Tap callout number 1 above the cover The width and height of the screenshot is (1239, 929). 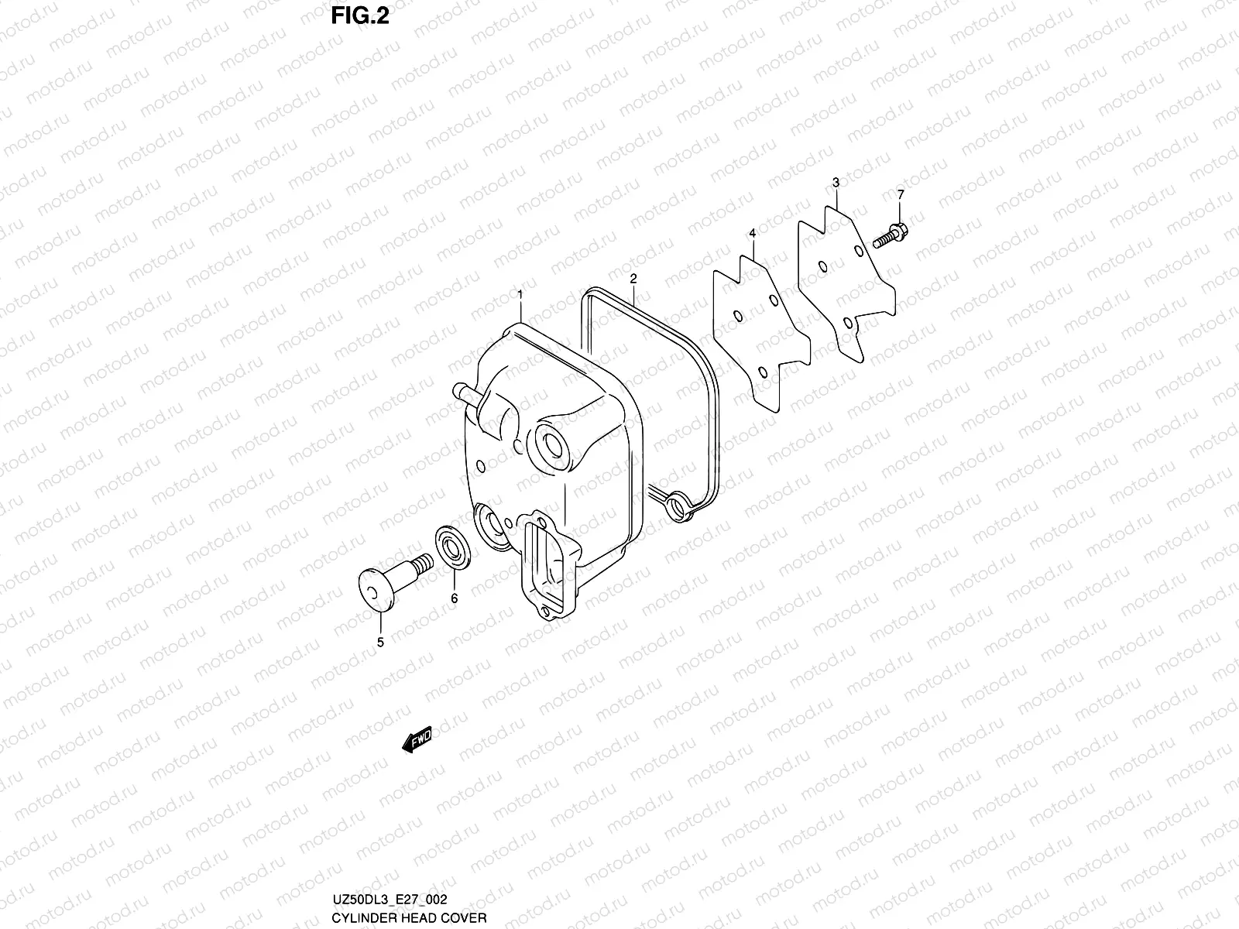pyautogui.click(x=520, y=295)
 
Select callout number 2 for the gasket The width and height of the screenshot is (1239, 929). pyautogui.click(x=633, y=278)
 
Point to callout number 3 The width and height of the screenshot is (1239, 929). pyautogui.click(x=836, y=183)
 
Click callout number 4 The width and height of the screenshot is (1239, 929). pyautogui.click(x=752, y=233)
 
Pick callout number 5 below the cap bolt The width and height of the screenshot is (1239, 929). pyautogui.click(x=380, y=642)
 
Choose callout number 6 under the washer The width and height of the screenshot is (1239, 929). pyautogui.click(x=455, y=598)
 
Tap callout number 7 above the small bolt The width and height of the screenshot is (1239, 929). pyautogui.click(x=900, y=195)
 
